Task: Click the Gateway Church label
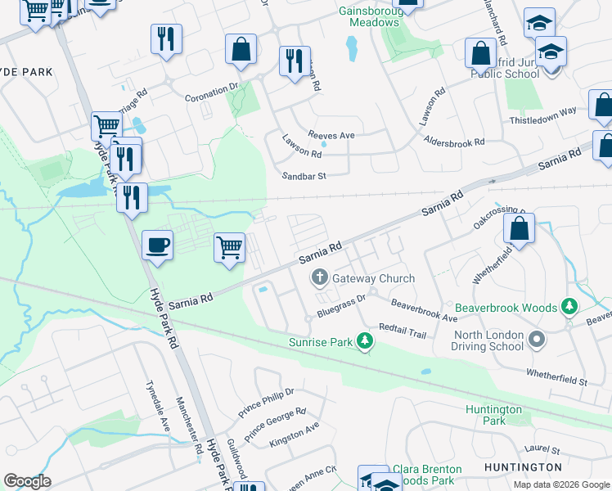tap(373, 278)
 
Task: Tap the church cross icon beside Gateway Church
tap(319, 278)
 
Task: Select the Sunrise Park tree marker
tap(365, 342)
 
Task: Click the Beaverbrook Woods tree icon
tap(569, 308)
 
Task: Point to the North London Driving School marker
tap(537, 338)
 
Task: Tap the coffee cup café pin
tap(157, 245)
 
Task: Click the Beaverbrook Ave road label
tap(424, 309)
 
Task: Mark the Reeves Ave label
tap(331, 135)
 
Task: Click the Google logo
tap(27, 481)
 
